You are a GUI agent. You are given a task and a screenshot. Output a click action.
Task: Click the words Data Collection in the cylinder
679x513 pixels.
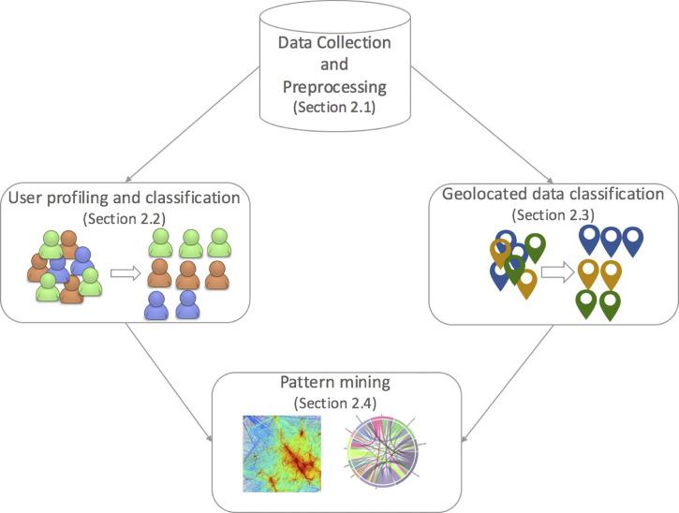(x=333, y=44)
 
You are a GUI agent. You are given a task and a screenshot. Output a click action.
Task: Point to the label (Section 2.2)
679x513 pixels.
(x=124, y=218)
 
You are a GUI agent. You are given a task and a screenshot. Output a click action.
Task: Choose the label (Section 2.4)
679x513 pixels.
(x=333, y=403)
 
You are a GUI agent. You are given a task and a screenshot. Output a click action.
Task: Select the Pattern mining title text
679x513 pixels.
(x=333, y=384)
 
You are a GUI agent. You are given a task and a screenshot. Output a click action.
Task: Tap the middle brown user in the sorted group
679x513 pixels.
(x=187, y=274)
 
